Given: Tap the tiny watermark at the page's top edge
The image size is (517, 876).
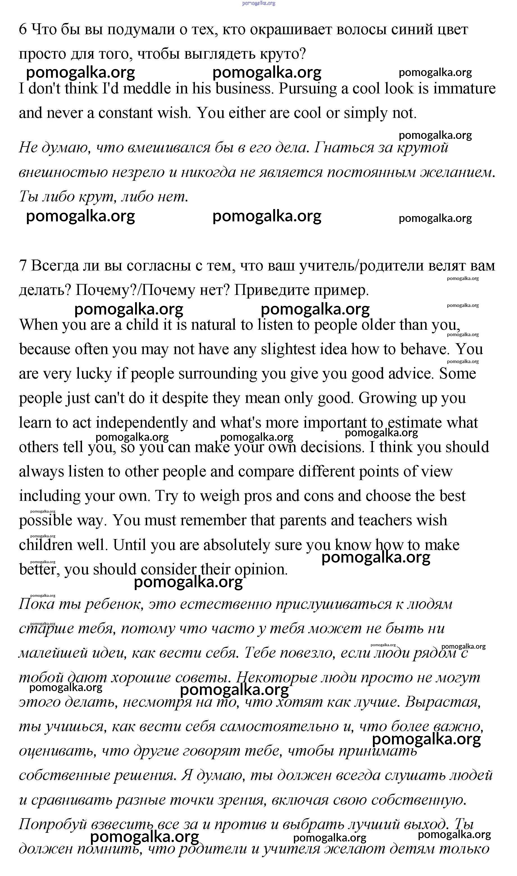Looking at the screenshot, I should [258, 3].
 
